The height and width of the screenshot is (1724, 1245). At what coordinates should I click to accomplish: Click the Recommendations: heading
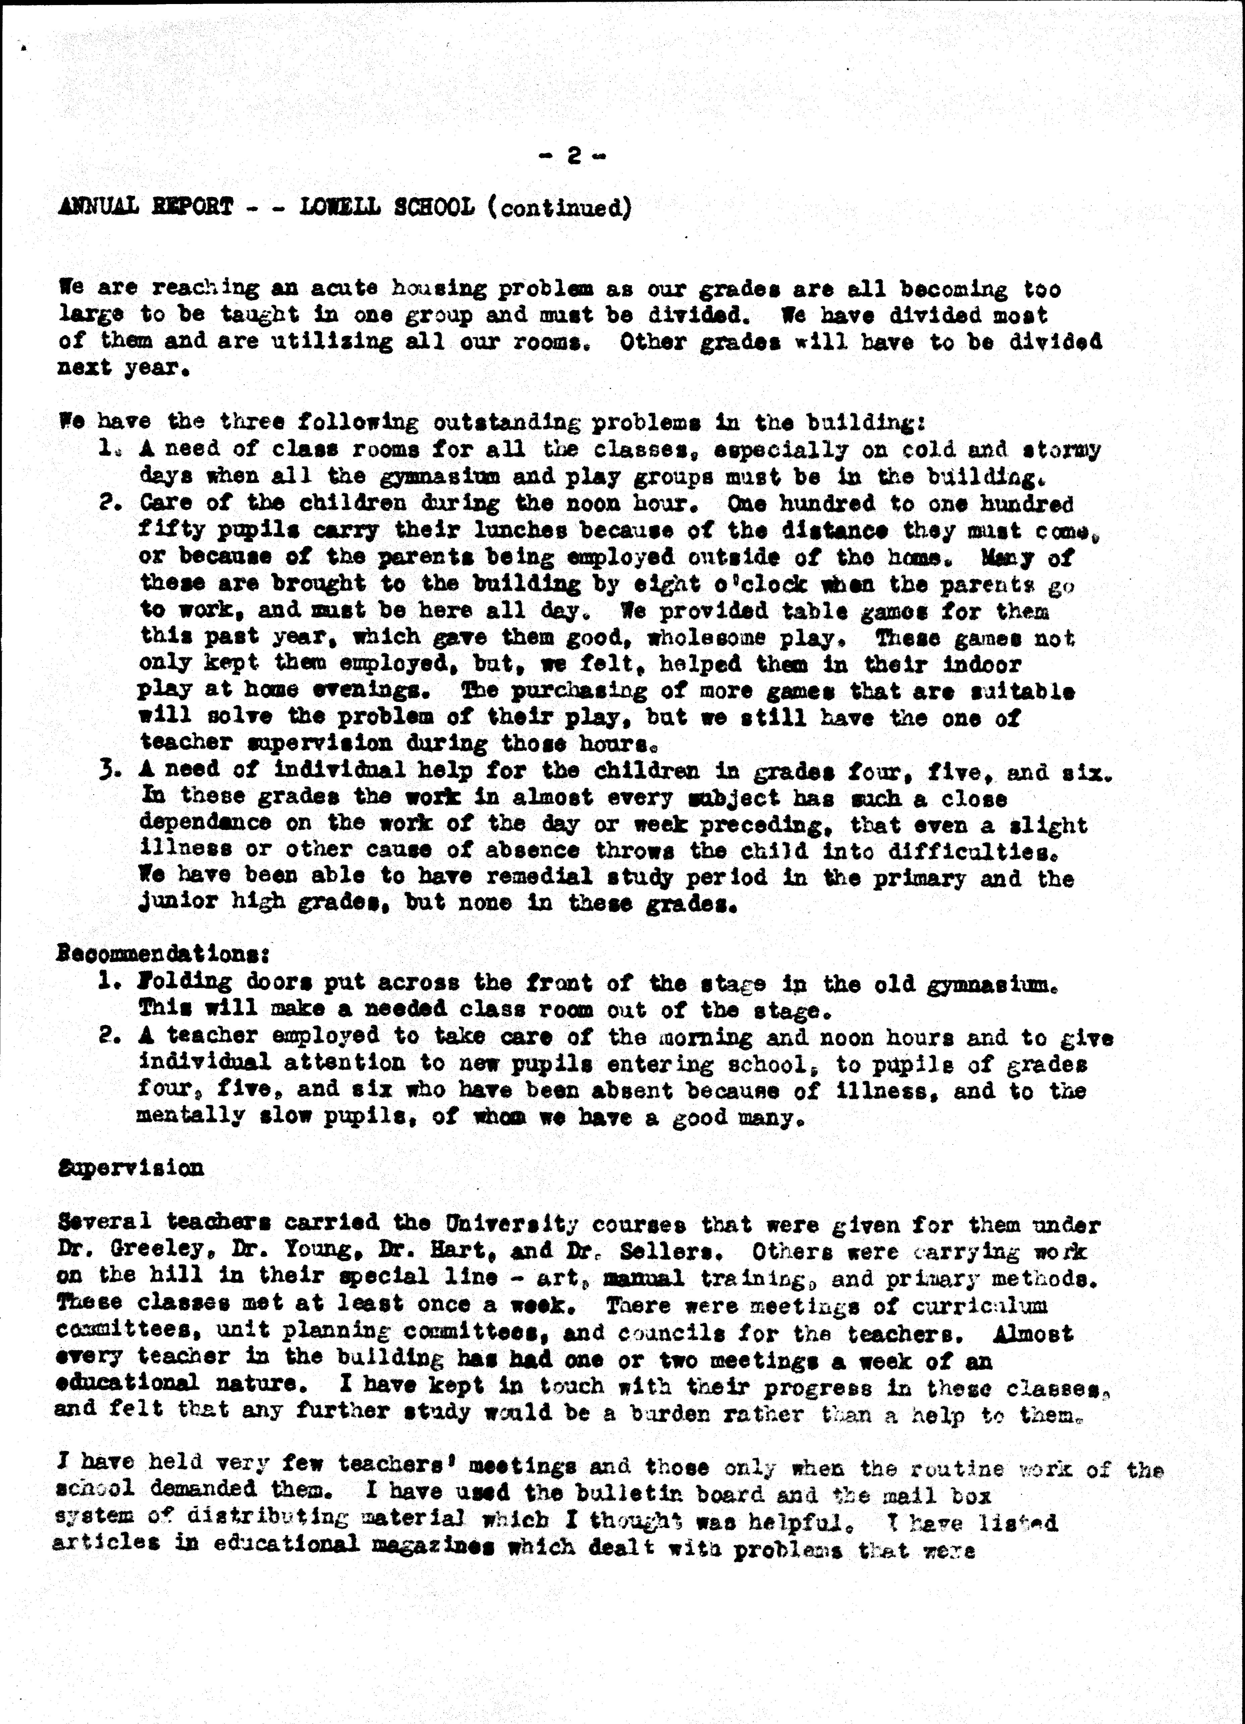163,953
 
